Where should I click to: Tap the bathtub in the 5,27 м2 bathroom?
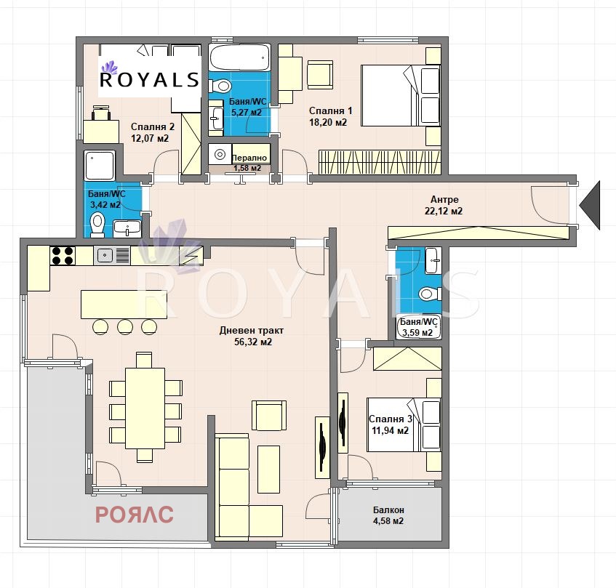(x=239, y=57)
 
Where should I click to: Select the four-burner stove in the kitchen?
(x=63, y=256)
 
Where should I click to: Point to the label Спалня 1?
(x=330, y=111)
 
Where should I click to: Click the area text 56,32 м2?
(x=253, y=342)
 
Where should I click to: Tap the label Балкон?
(x=388, y=510)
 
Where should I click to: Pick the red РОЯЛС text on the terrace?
(x=135, y=515)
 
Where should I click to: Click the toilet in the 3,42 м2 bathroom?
(x=97, y=225)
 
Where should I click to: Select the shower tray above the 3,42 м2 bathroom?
(x=100, y=165)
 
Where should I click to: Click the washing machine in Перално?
(x=220, y=154)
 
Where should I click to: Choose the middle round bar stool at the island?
(x=125, y=326)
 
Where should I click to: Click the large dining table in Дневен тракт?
(x=145, y=408)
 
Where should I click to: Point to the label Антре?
(x=444, y=200)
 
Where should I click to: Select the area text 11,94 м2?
(x=390, y=430)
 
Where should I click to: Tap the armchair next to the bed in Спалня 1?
(x=320, y=75)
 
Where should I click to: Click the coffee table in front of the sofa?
(x=268, y=469)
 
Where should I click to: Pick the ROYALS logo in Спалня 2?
(x=149, y=76)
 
